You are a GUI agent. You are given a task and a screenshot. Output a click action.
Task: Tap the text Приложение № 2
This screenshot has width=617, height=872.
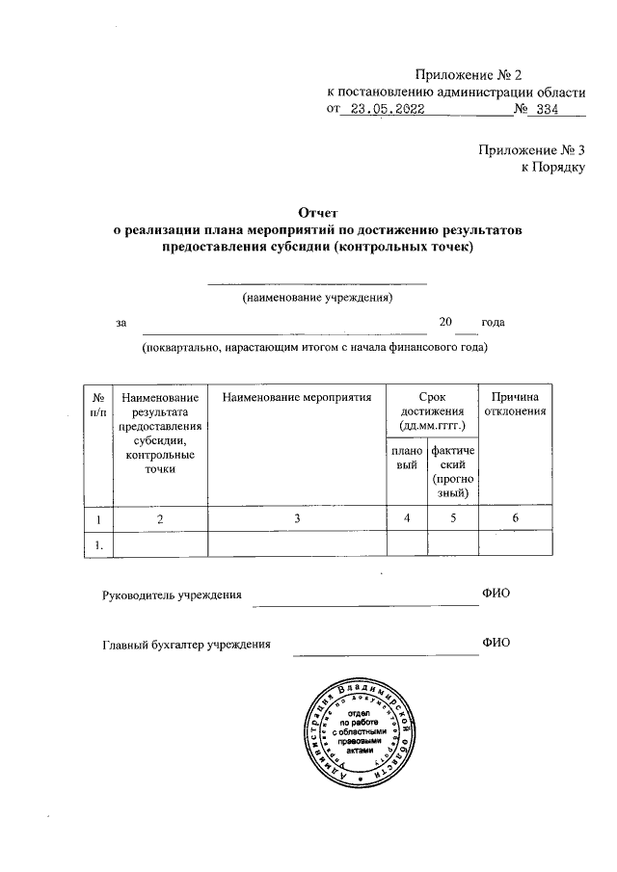click(x=473, y=74)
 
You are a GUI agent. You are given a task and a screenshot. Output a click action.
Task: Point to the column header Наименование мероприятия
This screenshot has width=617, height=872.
click(x=297, y=397)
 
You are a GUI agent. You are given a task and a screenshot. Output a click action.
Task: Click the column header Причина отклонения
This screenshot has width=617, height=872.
click(x=519, y=404)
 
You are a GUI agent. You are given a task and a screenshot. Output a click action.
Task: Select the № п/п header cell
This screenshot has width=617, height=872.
click(x=97, y=404)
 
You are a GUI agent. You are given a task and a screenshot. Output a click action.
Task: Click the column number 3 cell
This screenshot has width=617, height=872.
click(x=297, y=518)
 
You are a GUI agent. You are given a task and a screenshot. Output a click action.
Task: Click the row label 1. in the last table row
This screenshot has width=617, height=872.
click(x=98, y=545)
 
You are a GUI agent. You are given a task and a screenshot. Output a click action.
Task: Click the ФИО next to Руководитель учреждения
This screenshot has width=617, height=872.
click(x=495, y=592)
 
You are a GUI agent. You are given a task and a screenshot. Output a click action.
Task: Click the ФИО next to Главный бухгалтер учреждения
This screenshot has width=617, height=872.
click(x=495, y=643)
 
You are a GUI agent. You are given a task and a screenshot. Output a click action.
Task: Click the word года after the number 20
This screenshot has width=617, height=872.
click(x=493, y=322)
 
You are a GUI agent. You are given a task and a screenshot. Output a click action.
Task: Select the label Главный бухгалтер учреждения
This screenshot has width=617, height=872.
click(x=186, y=645)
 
